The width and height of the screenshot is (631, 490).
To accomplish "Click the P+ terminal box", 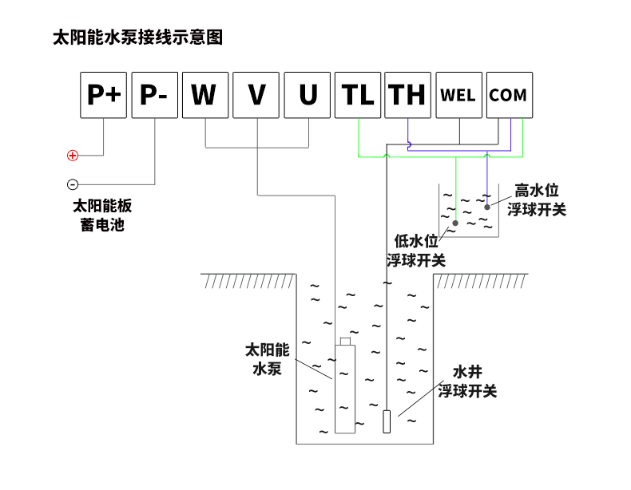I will [x=104, y=95].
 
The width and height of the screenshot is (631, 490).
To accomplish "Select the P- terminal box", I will [x=154, y=95].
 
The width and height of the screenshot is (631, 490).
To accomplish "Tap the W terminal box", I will [x=205, y=95].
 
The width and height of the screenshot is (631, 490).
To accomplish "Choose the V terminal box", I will [x=256, y=95].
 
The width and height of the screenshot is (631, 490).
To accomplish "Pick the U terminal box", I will [x=308, y=95].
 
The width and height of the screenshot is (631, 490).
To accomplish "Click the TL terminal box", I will [x=359, y=95].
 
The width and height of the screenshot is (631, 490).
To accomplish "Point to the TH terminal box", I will [x=407, y=95].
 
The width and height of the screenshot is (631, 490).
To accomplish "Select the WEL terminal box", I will [x=458, y=95].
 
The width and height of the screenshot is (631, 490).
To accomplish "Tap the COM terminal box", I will [x=508, y=95].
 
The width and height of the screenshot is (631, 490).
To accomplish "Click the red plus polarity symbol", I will [x=73, y=155].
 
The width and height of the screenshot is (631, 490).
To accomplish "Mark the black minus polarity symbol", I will [x=73, y=184].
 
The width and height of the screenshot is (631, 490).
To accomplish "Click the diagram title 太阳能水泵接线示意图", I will [x=137, y=38].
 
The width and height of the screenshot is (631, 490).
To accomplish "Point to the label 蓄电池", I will [x=102, y=225].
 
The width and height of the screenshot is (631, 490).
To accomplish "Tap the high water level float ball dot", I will [x=486, y=206].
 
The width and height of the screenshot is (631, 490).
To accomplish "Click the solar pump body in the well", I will [x=344, y=387].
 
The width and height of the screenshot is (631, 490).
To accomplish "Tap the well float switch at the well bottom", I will [x=387, y=421].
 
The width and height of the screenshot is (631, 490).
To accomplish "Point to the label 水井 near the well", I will [x=467, y=373].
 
